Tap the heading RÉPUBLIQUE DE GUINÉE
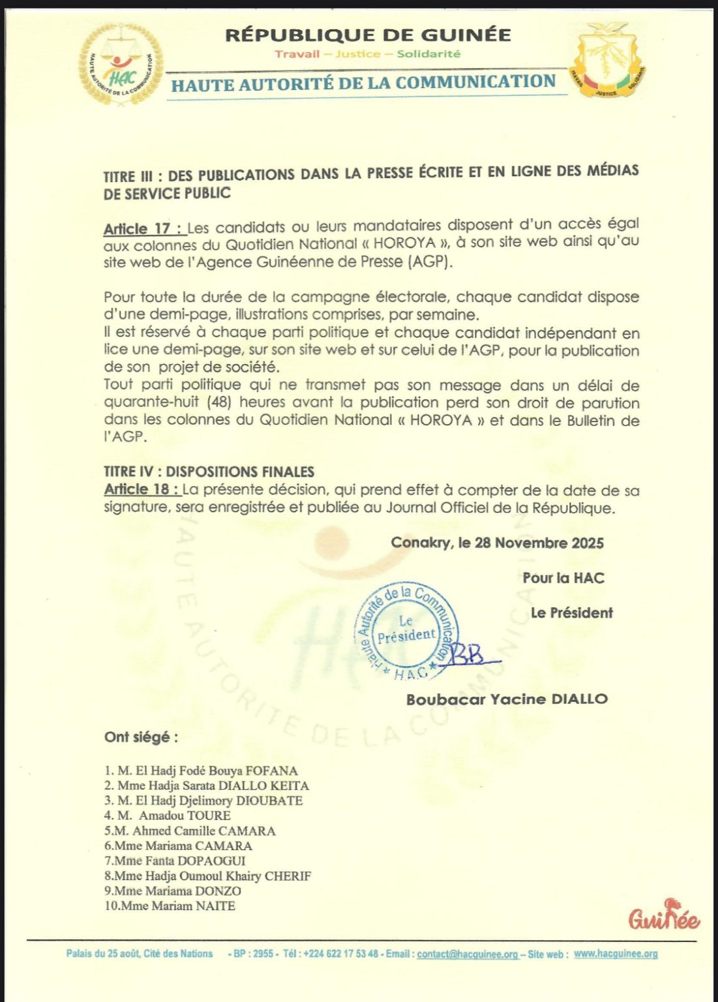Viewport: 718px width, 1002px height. [x=368, y=35]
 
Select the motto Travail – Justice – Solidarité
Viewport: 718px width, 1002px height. [x=367, y=54]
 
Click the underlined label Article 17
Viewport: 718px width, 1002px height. [x=143, y=229]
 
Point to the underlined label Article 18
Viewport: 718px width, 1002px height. [x=141, y=489]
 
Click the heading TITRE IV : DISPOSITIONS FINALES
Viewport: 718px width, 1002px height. [x=209, y=472]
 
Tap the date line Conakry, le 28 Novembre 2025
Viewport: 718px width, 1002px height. [x=497, y=543]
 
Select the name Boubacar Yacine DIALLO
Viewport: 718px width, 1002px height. [x=507, y=699]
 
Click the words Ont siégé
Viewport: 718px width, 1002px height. [x=141, y=737]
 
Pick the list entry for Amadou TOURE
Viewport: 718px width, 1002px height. [x=168, y=815]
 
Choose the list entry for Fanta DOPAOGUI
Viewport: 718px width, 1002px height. [x=175, y=860]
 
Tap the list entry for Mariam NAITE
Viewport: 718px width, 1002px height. [x=170, y=905]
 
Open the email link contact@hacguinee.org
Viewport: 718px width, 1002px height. [x=468, y=954]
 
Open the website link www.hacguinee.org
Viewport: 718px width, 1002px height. [x=616, y=954]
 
